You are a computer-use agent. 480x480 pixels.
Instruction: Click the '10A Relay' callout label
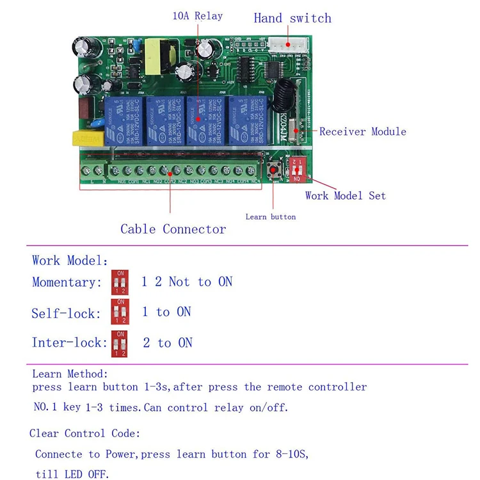pos(197,16)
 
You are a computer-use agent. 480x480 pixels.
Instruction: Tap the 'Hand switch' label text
pos(292,18)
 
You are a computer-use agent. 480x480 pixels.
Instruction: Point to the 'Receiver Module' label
pos(362,132)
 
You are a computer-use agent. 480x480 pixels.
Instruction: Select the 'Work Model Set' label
pos(345,196)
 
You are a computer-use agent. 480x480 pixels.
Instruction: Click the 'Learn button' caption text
pos(270,217)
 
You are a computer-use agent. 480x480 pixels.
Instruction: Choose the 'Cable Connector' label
pos(173,229)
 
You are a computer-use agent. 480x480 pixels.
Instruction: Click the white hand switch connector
pos(287,45)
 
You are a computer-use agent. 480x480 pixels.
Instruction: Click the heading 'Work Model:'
pos(70,261)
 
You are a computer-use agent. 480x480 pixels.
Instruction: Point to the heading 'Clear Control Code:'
pos(84,434)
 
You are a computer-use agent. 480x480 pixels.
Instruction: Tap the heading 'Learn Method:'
pos(70,374)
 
